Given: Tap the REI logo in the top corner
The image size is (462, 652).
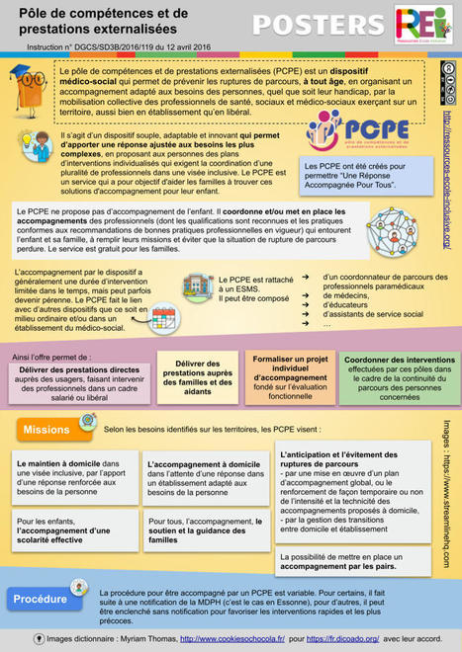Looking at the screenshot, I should click(423, 23).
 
